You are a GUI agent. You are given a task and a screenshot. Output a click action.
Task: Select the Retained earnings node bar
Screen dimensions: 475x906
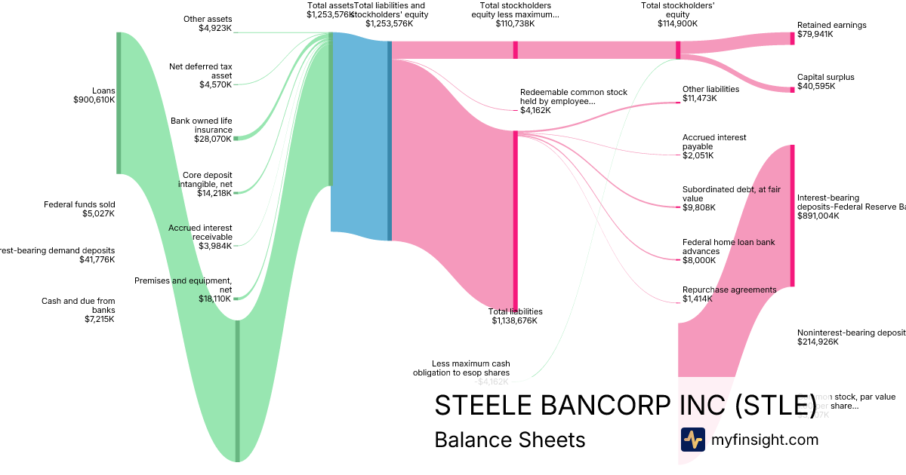(792, 38)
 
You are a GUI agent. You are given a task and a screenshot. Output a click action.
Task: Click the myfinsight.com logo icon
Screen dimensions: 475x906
(692, 440)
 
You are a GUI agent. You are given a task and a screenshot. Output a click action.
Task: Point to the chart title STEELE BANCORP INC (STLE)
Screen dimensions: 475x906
(625, 405)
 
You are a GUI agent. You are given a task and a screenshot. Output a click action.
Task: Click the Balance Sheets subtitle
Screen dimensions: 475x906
(510, 440)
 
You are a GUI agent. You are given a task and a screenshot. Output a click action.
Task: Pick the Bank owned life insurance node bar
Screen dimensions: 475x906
(236, 139)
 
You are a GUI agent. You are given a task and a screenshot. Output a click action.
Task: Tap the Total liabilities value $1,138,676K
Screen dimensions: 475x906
(514, 320)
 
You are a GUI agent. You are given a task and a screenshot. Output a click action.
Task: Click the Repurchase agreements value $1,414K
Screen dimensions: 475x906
(698, 299)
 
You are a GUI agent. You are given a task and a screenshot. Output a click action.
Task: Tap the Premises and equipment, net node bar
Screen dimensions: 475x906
(236, 299)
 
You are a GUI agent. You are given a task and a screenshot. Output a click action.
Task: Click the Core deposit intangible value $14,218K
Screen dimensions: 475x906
(215, 193)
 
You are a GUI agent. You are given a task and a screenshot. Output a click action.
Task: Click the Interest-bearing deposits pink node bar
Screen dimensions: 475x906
(792, 216)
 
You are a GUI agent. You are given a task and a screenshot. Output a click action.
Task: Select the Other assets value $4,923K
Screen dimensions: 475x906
(215, 28)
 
